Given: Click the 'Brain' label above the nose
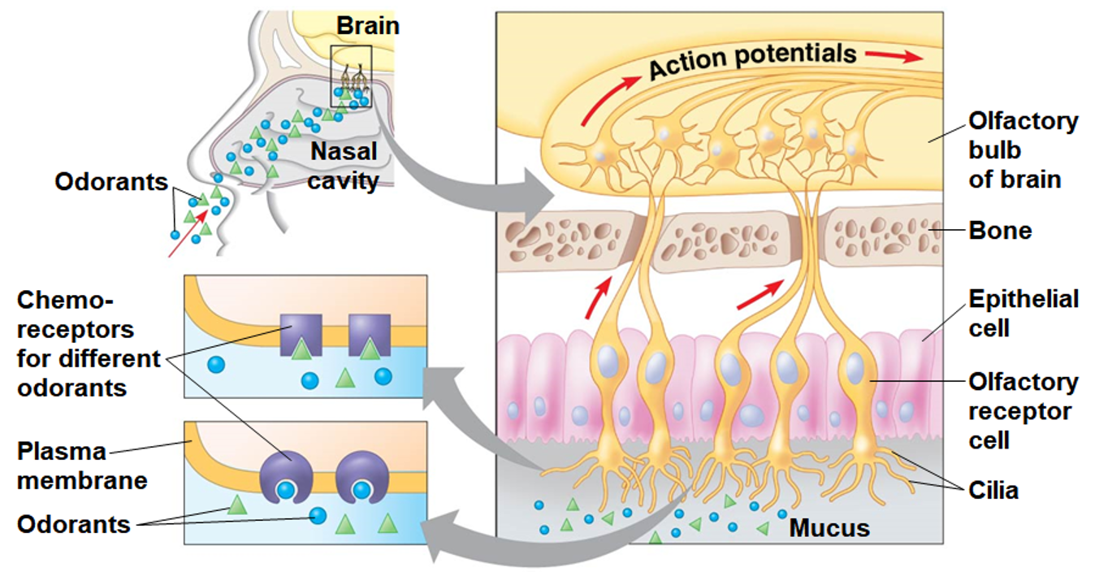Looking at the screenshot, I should (368, 25).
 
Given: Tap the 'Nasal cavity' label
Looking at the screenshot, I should (343, 166).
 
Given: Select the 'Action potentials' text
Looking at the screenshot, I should (752, 60).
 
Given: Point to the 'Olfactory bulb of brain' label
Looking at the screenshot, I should (1022, 150).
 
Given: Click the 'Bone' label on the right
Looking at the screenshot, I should (1000, 231).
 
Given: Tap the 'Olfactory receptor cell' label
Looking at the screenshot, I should (1023, 411).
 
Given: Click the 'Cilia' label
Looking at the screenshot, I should (993, 491).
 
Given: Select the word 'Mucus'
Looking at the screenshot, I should (829, 528).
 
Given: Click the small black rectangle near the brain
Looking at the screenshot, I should (351, 76).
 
